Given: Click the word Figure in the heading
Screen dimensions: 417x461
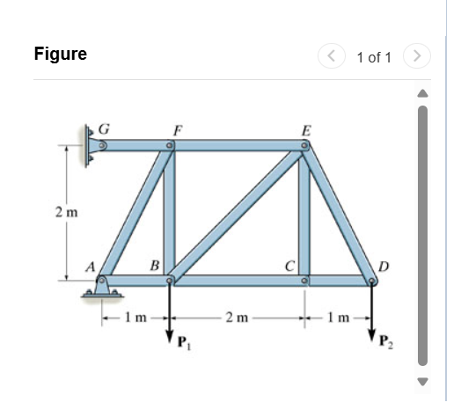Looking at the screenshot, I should [60, 54].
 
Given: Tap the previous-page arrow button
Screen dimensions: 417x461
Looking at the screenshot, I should [332, 57].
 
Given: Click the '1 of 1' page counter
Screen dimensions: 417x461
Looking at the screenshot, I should [374, 57].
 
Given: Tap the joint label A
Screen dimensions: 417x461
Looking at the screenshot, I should [90, 267].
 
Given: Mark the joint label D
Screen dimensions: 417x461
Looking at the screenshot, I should [382, 266].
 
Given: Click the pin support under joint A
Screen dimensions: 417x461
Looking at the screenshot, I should [103, 289].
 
